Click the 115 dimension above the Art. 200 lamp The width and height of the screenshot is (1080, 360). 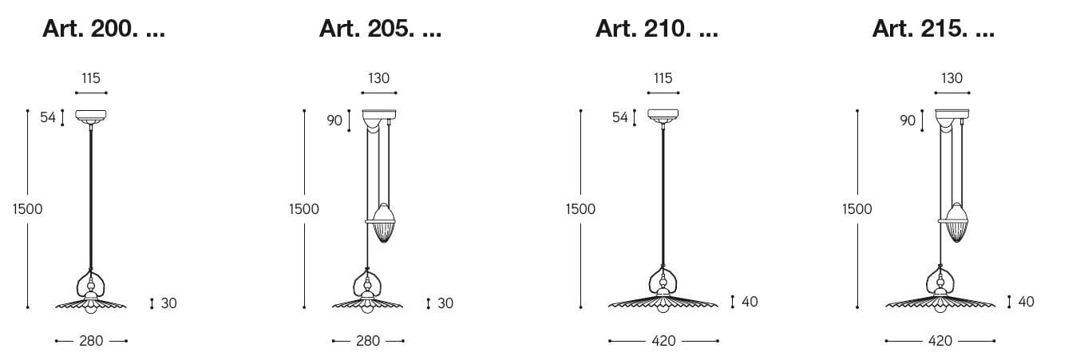[91, 78]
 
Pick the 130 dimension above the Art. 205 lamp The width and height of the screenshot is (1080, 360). [379, 78]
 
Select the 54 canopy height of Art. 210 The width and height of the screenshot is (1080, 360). [620, 117]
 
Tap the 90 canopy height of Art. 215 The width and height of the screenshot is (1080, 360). [908, 121]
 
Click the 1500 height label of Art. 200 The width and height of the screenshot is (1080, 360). [27, 208]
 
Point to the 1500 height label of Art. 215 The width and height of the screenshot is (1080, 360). [857, 208]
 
